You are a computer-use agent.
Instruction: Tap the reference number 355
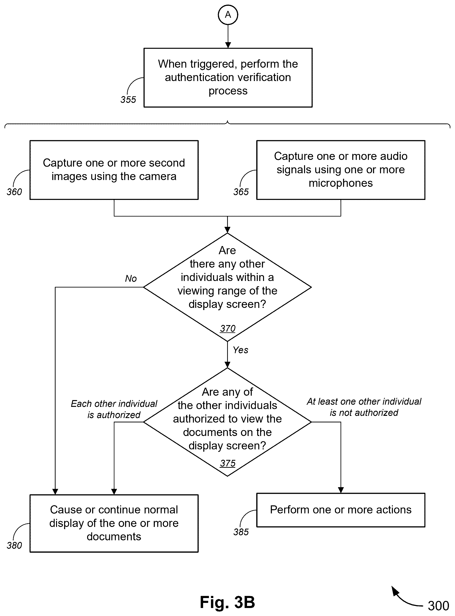128,99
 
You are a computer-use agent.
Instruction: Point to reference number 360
14,192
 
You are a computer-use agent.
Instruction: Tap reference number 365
241,192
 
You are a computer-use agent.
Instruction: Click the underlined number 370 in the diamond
228,328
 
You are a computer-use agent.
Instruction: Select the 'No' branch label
131,278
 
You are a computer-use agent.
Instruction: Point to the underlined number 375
228,463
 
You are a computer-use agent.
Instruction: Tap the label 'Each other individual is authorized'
114,409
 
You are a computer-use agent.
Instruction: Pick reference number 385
241,532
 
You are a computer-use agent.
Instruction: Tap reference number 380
14,545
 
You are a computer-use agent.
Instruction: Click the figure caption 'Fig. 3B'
228,602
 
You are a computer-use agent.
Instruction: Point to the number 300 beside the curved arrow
438,606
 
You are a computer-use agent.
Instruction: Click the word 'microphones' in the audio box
341,183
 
